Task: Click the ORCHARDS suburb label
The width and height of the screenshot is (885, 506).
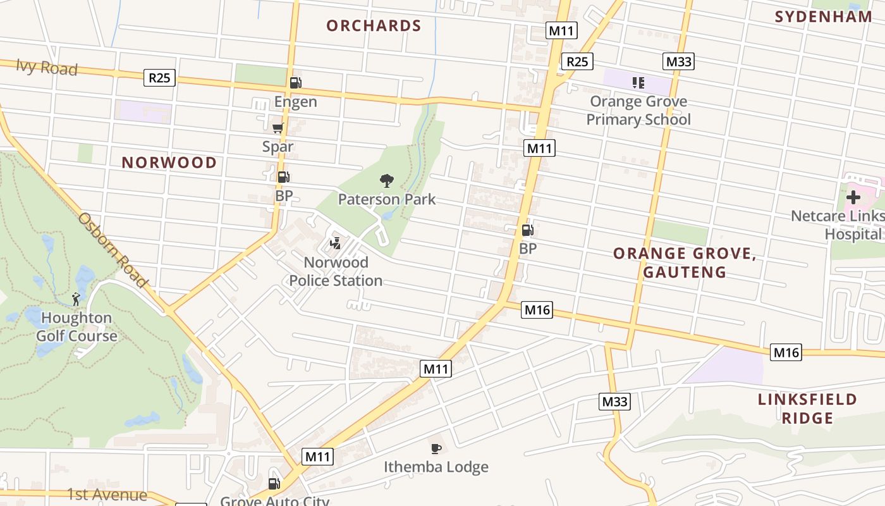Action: click(374, 26)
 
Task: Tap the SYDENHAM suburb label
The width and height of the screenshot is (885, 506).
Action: click(824, 17)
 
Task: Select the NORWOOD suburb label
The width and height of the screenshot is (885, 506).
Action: click(169, 163)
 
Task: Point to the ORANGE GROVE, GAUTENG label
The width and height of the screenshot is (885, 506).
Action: click(685, 262)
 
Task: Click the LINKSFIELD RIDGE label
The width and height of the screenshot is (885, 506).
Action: click(807, 409)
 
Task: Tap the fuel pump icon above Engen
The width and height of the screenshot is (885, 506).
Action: click(295, 83)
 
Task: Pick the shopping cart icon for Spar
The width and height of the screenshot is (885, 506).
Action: click(278, 128)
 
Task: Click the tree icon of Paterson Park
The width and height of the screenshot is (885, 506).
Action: click(386, 181)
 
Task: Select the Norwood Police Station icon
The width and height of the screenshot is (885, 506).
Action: click(336, 243)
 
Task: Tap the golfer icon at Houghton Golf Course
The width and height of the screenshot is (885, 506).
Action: click(76, 299)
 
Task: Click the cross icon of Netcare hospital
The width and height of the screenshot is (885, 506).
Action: click(853, 197)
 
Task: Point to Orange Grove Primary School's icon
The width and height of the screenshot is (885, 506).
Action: click(638, 82)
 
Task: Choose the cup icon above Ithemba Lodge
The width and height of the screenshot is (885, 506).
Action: click(436, 448)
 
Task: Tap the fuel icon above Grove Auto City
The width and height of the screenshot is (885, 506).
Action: click(274, 484)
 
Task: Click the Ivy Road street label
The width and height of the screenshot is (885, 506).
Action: click(47, 67)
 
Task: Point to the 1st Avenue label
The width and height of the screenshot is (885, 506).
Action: click(107, 495)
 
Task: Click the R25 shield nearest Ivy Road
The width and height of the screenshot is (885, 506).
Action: click(159, 78)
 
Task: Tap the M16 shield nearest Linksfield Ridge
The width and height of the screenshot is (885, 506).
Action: click(786, 353)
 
